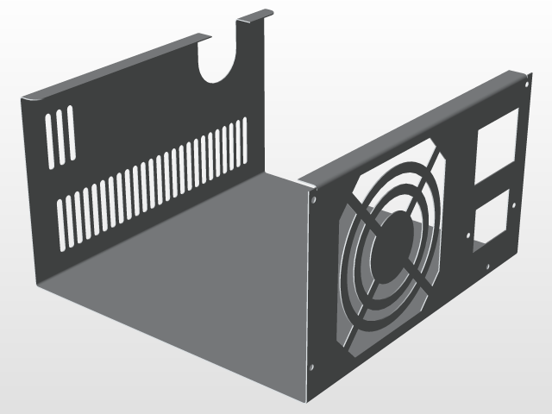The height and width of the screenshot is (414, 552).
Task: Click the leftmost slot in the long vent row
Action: click(x=61, y=224)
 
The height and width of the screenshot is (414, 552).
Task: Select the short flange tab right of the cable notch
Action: click(x=255, y=17)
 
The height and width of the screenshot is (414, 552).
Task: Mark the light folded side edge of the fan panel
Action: click(x=305, y=293)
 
